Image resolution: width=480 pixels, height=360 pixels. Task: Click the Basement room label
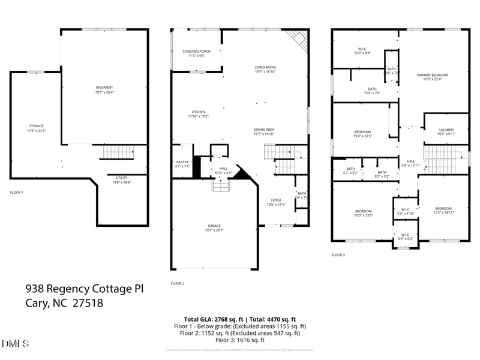[x=104, y=88]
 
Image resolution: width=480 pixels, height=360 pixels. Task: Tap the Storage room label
[x=36, y=126]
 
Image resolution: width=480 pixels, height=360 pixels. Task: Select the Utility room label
[x=122, y=178]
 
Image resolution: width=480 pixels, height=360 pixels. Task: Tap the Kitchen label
[x=199, y=112]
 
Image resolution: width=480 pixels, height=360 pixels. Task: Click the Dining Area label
[x=265, y=130]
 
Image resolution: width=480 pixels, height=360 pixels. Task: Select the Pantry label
[x=182, y=162]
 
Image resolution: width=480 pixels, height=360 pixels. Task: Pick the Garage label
[x=214, y=226]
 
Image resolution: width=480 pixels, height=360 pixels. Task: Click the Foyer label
[x=276, y=201]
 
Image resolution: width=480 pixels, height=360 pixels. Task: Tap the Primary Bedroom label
[x=432, y=75]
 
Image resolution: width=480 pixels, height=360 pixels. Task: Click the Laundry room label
[x=446, y=130]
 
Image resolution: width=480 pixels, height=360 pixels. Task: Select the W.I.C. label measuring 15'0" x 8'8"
[x=362, y=49]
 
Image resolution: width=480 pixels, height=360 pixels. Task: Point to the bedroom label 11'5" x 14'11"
[x=443, y=208]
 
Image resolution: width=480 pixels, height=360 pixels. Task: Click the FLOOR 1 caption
[x=17, y=193]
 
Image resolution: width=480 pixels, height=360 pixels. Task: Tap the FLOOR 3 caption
[x=338, y=255]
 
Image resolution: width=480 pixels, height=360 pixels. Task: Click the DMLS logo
[x=15, y=344]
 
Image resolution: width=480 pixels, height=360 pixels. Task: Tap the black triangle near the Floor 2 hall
[x=241, y=174]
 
